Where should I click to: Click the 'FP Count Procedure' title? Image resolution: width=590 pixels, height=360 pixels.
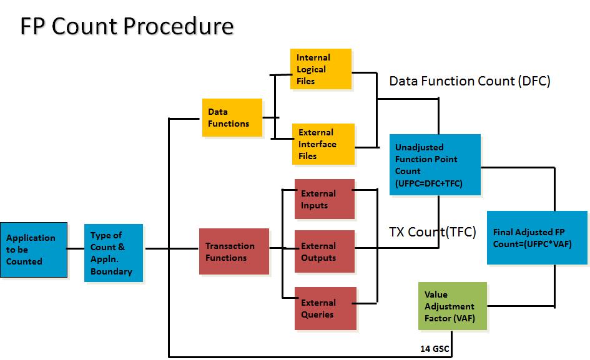tap(127, 26)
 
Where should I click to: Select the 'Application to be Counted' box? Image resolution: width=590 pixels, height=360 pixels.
tap(33, 249)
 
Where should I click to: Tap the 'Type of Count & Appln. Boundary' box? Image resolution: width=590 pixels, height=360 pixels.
tap(114, 253)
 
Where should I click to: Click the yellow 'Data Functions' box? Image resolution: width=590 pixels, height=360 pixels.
tap(232, 118)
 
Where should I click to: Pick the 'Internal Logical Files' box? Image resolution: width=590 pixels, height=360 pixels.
tap(320, 69)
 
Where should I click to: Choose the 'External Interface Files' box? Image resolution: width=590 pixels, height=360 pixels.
tap(323, 144)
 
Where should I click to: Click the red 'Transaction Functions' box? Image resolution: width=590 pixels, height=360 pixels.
tap(234, 251)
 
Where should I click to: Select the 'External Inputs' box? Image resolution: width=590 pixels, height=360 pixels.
tap(324, 199)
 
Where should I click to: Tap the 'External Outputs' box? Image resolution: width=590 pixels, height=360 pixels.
tap(324, 251)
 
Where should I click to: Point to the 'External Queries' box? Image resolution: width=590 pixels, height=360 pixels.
tap(325, 308)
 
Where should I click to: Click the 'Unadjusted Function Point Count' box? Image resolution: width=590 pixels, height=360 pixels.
tap(435, 165)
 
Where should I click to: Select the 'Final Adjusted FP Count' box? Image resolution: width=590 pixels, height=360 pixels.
tap(537, 238)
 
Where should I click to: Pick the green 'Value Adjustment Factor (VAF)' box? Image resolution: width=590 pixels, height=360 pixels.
tap(452, 306)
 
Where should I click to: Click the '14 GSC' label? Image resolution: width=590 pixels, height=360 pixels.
tap(435, 348)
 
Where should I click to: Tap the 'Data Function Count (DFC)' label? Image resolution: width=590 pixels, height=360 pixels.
tap(470, 81)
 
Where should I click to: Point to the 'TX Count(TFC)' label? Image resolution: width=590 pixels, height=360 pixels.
tap(432, 232)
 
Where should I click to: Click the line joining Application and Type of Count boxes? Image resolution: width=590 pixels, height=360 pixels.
tap(76, 248)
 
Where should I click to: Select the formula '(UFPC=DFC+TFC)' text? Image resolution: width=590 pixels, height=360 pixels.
tap(428, 183)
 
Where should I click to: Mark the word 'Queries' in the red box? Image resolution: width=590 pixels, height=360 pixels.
tap(317, 314)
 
